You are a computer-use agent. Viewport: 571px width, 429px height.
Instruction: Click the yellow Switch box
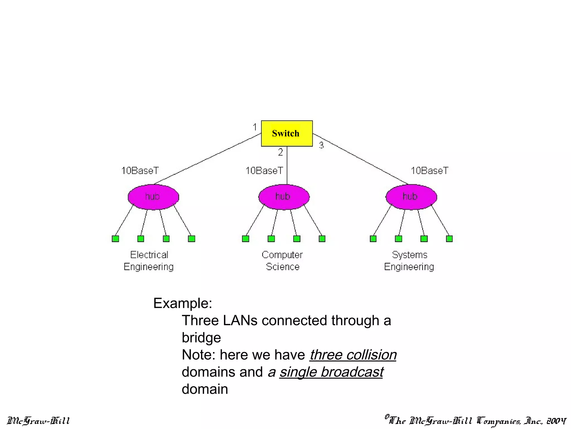pos(287,134)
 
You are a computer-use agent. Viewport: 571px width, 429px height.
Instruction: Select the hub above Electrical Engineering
pos(153,197)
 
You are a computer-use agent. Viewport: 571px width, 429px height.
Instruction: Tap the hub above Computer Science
pos(284,197)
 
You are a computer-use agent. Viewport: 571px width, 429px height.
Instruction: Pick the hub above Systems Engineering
pos(411,197)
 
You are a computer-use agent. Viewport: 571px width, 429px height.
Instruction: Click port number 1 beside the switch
pos(255,127)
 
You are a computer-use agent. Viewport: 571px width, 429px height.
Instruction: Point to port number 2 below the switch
pos(280,152)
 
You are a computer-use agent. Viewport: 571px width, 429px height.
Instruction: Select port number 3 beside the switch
pos(321,145)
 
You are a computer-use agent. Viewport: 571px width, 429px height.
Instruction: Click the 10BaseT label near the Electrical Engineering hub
pos(140,171)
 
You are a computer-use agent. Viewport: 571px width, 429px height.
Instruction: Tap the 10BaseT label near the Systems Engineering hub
pos(429,171)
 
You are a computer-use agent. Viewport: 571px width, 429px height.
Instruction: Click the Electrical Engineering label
pos(149,261)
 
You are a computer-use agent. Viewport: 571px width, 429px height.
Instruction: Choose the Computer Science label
pos(282,261)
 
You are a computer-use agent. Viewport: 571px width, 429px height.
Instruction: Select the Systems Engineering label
pos(409,261)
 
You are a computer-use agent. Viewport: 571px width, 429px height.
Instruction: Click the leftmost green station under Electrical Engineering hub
pos(115,239)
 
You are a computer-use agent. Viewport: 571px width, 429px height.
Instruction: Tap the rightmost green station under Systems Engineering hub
pos(449,239)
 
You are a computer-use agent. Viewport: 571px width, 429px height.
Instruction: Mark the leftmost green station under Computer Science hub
pos(245,239)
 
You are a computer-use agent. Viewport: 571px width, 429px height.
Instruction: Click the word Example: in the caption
pos(183,303)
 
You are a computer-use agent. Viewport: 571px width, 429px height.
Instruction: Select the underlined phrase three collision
pos(353,355)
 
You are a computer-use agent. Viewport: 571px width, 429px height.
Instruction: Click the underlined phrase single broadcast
pos(331,372)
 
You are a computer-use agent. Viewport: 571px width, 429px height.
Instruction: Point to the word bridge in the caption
pos(201,338)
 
